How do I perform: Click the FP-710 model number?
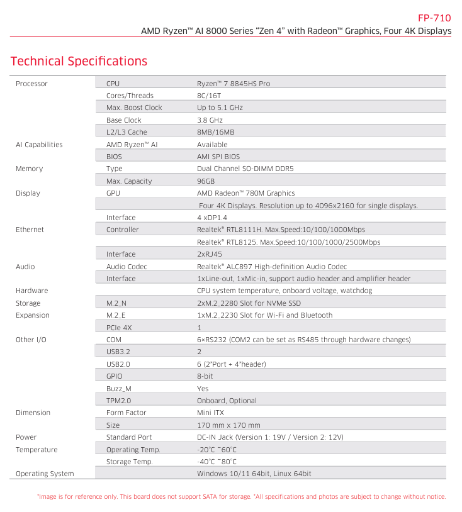click(434, 18)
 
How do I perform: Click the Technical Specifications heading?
click(79, 61)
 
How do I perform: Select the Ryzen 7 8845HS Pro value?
click(234, 84)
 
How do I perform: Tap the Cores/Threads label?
click(130, 96)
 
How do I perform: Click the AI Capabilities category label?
click(39, 145)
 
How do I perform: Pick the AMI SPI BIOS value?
click(218, 157)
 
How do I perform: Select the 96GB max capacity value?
click(206, 181)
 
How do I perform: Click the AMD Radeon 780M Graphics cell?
click(245, 193)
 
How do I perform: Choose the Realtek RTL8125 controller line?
click(288, 242)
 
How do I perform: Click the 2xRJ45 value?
click(210, 254)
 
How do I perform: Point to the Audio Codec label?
click(127, 267)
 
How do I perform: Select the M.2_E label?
click(116, 315)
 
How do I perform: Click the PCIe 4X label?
click(118, 328)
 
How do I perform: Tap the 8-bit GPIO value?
click(205, 376)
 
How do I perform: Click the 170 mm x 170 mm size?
click(228, 425)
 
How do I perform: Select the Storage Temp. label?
click(130, 462)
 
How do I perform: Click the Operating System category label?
click(45, 474)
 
